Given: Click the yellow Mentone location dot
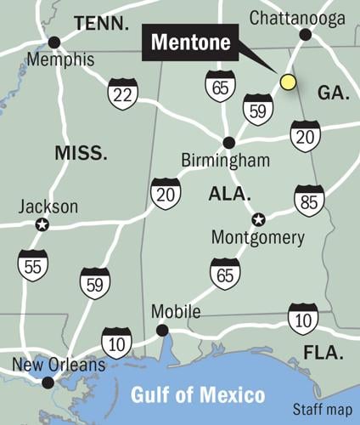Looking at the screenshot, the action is pyautogui.click(x=288, y=82).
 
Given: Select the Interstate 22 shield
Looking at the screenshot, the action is pyautogui.click(x=123, y=93).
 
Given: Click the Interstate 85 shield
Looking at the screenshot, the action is pyautogui.click(x=309, y=201).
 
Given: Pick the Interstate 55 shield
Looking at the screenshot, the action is pyautogui.click(x=33, y=265).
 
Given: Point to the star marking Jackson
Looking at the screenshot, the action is pyautogui.click(x=42, y=224).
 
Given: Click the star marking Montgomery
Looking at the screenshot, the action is pyautogui.click(x=259, y=219).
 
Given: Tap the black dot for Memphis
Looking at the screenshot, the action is pyautogui.click(x=54, y=42).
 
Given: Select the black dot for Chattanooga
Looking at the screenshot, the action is pyautogui.click(x=306, y=35).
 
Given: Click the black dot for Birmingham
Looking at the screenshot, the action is pyautogui.click(x=228, y=143).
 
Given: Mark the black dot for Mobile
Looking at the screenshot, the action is pyautogui.click(x=162, y=331).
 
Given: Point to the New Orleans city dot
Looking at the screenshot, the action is pyautogui.click(x=48, y=382).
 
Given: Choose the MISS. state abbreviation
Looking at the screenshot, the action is pyautogui.click(x=81, y=153).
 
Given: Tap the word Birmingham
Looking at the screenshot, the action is pyautogui.click(x=226, y=161).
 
